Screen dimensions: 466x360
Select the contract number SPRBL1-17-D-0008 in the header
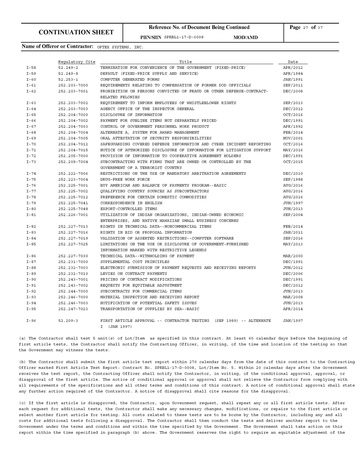184,37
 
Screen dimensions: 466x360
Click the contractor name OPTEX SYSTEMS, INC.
120,46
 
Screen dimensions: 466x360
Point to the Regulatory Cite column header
76,62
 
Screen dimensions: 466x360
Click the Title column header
186,62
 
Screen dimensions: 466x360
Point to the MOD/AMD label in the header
245,37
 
